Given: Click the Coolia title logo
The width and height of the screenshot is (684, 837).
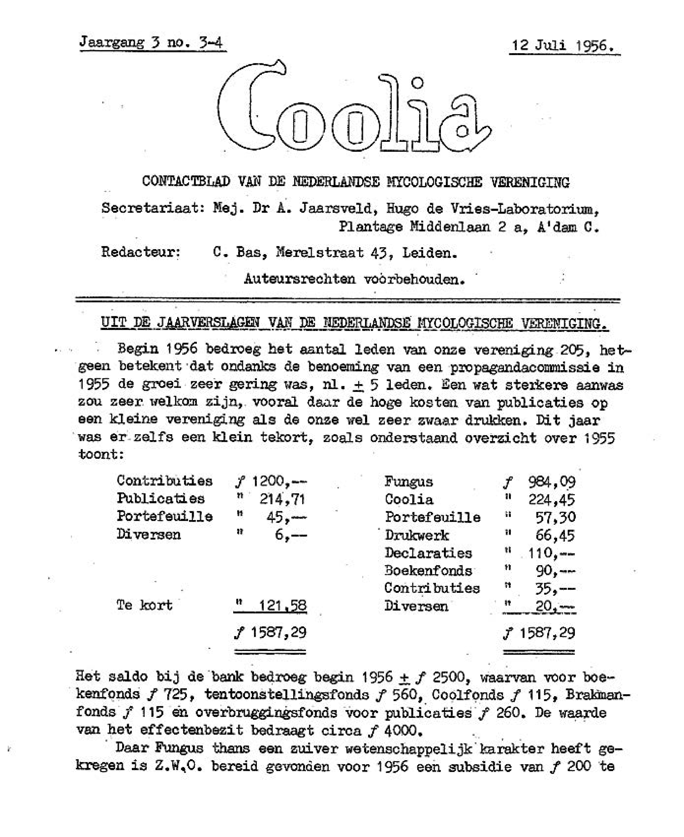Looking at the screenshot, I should [x=354, y=108].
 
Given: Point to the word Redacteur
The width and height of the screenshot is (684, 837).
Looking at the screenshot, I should [x=141, y=252].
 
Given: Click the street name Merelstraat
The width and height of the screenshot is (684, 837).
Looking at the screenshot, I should [x=319, y=252].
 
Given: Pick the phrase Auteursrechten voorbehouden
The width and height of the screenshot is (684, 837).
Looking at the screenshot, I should [x=354, y=279].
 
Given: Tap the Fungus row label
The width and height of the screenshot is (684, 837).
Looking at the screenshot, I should [x=409, y=482].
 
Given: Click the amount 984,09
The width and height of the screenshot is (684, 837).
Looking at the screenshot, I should [x=552, y=482].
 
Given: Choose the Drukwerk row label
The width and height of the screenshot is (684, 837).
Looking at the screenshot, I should [x=417, y=535].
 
